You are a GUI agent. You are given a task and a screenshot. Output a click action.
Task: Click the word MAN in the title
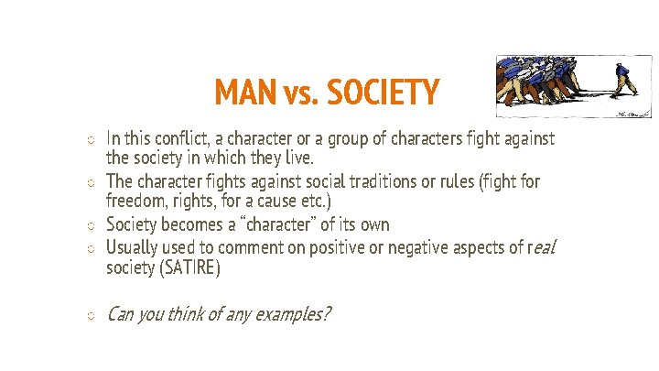pos(242,93)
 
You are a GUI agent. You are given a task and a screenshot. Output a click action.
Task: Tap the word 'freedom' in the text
pos(134,200)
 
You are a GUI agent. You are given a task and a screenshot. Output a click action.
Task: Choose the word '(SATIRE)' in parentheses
pos(189,268)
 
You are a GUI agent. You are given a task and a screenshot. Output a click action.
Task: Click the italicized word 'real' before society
pos(541,247)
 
